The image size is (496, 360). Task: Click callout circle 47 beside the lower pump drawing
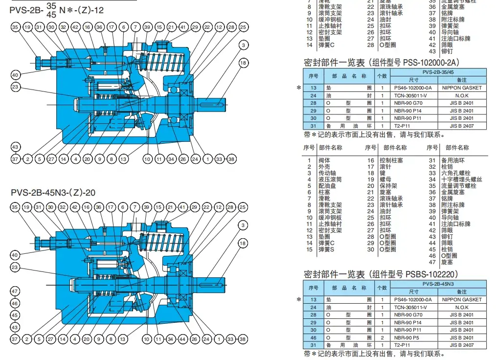coord(16,292)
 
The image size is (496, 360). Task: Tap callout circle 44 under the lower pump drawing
coord(182,339)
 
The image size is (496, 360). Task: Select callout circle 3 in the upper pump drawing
coord(243,45)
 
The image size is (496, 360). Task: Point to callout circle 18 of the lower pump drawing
coord(243,243)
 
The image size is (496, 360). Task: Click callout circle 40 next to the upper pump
coord(16,75)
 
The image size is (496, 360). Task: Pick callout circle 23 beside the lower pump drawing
coord(16,268)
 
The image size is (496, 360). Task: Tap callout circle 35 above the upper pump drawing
coord(16,27)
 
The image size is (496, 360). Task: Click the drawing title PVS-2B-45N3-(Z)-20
coord(53,192)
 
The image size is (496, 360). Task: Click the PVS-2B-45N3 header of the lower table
coord(438,284)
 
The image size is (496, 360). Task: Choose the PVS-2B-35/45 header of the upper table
coord(438,72)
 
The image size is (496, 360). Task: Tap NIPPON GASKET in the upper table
coord(462,88)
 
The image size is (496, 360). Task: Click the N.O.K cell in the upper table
coord(462,96)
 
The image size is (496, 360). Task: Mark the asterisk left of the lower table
coord(299,299)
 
